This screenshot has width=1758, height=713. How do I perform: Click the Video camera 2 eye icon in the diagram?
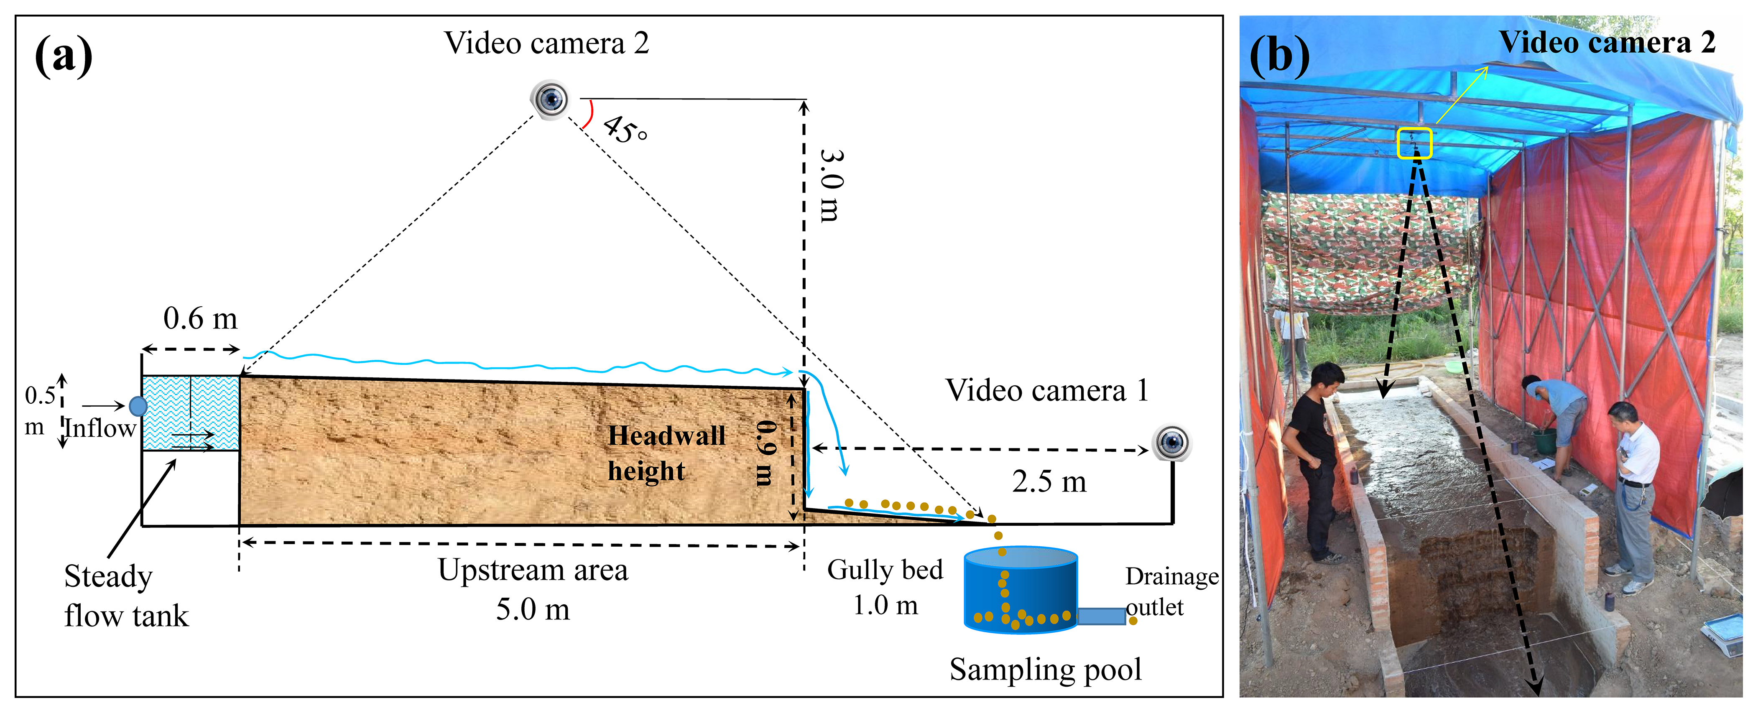tap(550, 99)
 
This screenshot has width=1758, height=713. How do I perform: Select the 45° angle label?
tap(625, 130)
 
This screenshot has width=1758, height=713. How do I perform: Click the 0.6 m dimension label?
tap(200, 318)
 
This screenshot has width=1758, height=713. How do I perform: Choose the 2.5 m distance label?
tap(1049, 482)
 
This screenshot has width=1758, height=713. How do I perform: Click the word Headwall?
tap(667, 436)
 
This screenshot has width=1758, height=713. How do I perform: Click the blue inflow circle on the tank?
tap(138, 407)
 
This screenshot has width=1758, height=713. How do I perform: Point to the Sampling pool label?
tap(1046, 670)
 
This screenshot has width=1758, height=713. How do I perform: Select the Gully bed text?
tap(885, 570)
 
